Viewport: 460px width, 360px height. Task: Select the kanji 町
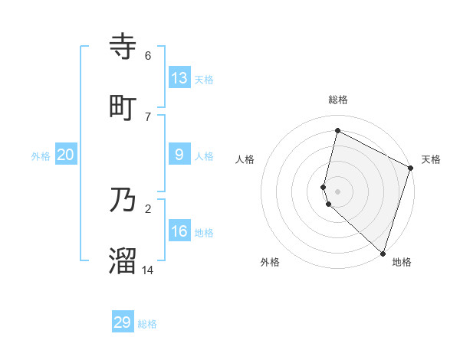tap(123, 108)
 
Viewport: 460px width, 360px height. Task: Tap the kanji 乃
tap(123, 201)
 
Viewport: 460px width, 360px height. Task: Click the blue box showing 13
tap(179, 77)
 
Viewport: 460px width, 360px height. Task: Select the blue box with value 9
tap(179, 155)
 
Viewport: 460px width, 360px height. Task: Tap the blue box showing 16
tap(179, 231)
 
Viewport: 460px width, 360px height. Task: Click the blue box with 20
tap(66, 155)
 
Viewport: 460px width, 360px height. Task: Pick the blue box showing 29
tap(123, 322)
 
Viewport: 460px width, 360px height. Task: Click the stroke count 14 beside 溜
tap(148, 270)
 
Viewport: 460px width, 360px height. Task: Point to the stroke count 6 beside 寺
tap(148, 56)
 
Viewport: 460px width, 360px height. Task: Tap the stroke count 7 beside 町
tap(148, 116)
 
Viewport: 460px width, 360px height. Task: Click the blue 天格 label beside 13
tap(204, 80)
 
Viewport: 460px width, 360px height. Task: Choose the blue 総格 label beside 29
tap(147, 325)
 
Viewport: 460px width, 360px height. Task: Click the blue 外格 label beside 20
tap(41, 156)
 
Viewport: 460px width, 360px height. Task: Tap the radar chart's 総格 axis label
tap(337, 100)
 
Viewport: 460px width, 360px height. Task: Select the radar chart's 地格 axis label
tap(402, 262)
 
